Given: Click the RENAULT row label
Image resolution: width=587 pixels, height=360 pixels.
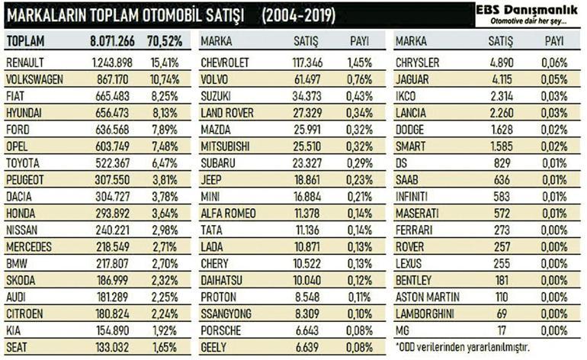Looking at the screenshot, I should click(26, 60).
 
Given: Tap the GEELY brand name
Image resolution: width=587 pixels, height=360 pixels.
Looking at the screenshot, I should click(218, 347).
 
